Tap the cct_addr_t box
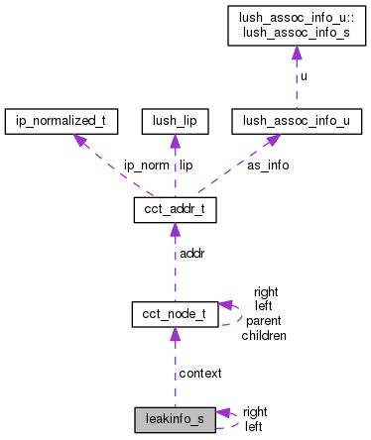point(174,210)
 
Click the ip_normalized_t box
point(62,122)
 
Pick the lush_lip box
point(174,122)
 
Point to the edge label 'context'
point(199,373)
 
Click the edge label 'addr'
point(192,254)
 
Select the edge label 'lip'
point(185,165)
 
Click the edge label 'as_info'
point(268,165)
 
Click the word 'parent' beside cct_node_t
point(264,321)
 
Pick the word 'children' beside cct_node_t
point(264,335)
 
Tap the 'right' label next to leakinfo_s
point(255,411)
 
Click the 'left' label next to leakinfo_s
point(253,426)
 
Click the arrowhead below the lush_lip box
point(174,141)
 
